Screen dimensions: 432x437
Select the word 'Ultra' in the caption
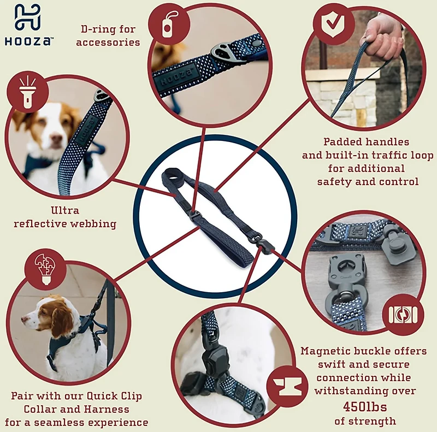tap(65, 210)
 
